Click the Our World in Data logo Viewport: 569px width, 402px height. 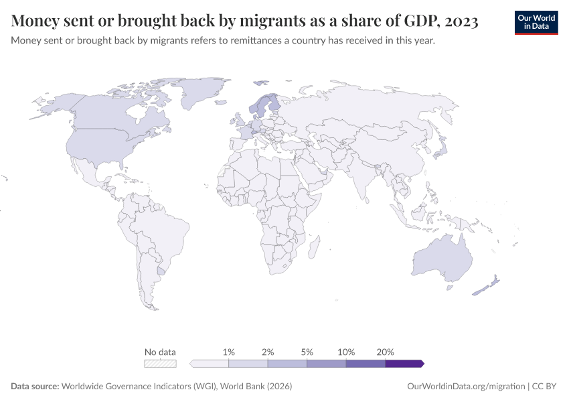536,22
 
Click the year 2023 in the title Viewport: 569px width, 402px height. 459,21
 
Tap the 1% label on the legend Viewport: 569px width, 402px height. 228,352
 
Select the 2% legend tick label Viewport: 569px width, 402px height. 268,352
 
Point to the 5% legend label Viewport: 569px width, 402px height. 307,352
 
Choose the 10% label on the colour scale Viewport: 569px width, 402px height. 346,352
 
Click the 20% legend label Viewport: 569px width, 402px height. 386,352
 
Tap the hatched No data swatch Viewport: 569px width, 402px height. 161,364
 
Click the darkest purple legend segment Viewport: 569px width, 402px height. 404,364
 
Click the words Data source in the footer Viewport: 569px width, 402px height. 34,387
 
